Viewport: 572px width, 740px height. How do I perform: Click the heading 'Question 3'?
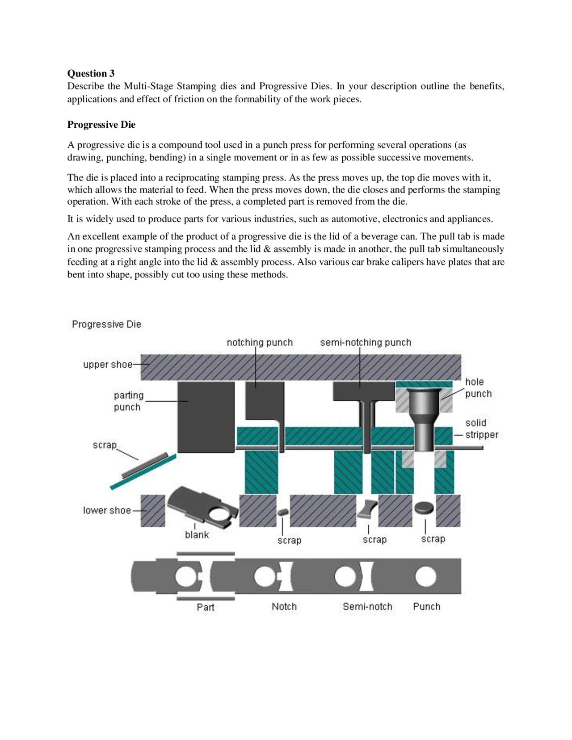click(91, 73)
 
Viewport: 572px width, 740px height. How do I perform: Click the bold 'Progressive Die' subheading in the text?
click(101, 125)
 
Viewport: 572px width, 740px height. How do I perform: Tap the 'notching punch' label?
click(260, 343)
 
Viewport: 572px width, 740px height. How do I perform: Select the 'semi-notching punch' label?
click(365, 343)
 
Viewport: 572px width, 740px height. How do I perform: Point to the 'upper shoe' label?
click(107, 365)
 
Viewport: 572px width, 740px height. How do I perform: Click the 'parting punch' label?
click(128, 401)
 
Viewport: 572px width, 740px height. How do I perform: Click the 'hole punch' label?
click(478, 387)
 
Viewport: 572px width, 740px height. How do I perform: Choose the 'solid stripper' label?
click(481, 429)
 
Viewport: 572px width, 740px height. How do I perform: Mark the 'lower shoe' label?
click(107, 510)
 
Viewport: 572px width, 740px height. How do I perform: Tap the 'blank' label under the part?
click(197, 535)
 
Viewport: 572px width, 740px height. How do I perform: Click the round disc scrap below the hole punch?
click(424, 508)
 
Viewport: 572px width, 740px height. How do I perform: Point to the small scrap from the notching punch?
click(282, 512)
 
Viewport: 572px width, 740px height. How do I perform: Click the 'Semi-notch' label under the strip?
click(367, 606)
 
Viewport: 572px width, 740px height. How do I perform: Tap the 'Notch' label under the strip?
click(284, 606)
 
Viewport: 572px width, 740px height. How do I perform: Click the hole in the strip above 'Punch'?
click(425, 577)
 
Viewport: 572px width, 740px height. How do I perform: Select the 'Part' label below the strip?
click(205, 607)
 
